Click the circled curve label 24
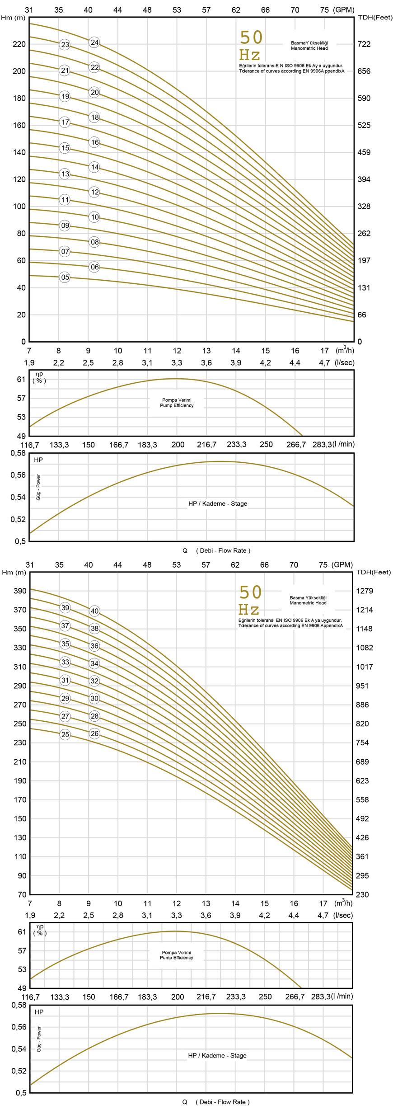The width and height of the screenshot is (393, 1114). [94, 42]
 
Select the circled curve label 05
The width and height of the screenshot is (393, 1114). [65, 277]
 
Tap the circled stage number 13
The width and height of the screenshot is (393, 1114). [65, 174]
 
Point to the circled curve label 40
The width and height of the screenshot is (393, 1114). [94, 611]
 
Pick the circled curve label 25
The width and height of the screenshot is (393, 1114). [65, 734]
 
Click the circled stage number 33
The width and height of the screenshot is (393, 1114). [65, 662]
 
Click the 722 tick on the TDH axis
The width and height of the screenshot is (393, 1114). [364, 44]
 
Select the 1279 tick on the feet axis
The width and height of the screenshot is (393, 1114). [365, 591]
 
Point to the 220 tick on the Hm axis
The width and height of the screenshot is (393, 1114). [19, 44]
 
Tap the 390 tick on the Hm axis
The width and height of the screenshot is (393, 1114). [20, 591]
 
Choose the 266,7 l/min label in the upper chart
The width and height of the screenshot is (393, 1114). [296, 445]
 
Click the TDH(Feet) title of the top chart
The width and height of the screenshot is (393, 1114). [375, 18]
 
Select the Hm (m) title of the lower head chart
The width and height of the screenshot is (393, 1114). [14, 573]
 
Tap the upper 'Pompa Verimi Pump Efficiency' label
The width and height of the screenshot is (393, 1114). [177, 403]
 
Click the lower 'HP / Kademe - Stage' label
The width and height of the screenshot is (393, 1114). [217, 1056]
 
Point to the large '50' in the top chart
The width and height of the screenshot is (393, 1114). [251, 38]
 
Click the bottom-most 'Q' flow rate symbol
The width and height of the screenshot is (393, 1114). [185, 1102]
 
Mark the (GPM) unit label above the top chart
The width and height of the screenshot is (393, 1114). [344, 10]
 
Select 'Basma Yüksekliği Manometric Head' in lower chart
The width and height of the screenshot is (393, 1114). [308, 600]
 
